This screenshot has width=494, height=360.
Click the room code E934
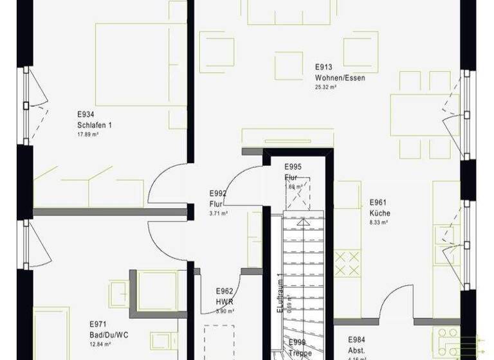[86, 115]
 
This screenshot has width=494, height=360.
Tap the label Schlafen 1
[94, 125]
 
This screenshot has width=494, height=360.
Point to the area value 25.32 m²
[326, 86]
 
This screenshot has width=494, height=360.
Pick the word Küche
[380, 213]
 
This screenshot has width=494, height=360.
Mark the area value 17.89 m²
[87, 134]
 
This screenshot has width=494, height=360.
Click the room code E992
[218, 193]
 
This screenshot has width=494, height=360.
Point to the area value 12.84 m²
[100, 345]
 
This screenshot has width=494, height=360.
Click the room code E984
[357, 339]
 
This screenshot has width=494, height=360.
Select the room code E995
[293, 166]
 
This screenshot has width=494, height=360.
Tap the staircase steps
[302, 257]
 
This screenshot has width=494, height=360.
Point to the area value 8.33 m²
[378, 222]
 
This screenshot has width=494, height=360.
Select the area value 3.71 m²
[218, 213]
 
